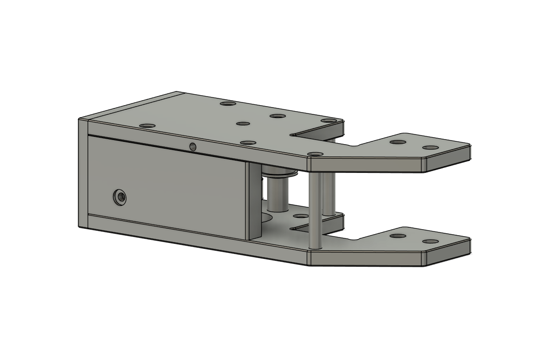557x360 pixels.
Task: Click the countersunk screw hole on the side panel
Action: [x=120, y=197]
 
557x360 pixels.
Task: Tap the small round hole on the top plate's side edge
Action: [x=193, y=146]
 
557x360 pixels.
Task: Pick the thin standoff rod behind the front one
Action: [x=328, y=194]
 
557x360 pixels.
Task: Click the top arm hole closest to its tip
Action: [x=430, y=148]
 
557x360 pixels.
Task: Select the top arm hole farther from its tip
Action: [x=398, y=142]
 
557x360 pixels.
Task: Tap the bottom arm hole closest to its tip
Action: [x=430, y=241]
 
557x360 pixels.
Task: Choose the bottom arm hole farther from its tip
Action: [x=398, y=236]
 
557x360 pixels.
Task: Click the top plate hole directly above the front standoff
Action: [x=315, y=155]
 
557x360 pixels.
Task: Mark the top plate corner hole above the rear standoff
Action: [x=328, y=121]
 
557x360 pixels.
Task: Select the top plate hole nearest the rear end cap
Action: [x=147, y=125]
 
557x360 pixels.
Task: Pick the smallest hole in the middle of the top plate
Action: [x=243, y=124]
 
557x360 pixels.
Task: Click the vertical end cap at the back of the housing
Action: [x=83, y=174]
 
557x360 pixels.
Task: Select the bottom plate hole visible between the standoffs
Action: [x=300, y=216]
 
